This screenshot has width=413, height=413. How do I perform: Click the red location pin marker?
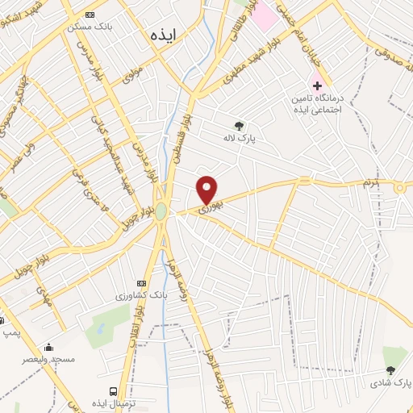207,189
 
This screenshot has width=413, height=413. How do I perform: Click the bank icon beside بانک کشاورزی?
143,284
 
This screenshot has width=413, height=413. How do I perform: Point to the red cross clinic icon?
318,85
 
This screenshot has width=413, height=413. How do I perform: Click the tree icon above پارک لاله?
239,125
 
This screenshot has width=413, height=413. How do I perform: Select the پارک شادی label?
390,382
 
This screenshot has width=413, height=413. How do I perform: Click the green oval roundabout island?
161,211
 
